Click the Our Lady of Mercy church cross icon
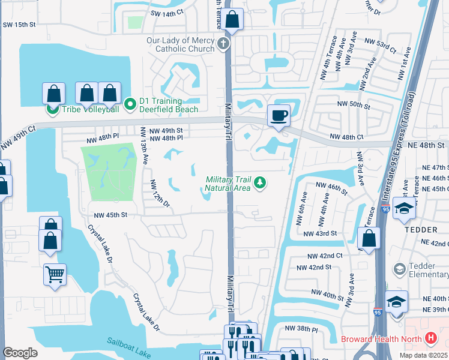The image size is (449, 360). click(x=223, y=43)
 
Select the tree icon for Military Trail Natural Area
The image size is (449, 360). click(x=260, y=182)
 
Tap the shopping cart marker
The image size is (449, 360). click(x=55, y=275)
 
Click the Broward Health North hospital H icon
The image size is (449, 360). click(x=430, y=338)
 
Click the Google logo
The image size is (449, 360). click(x=20, y=352)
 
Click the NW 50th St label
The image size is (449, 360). click(x=354, y=104)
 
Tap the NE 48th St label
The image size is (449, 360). click(x=429, y=145)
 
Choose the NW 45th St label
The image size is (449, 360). click(x=110, y=215)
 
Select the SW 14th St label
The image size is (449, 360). click(x=165, y=13)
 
